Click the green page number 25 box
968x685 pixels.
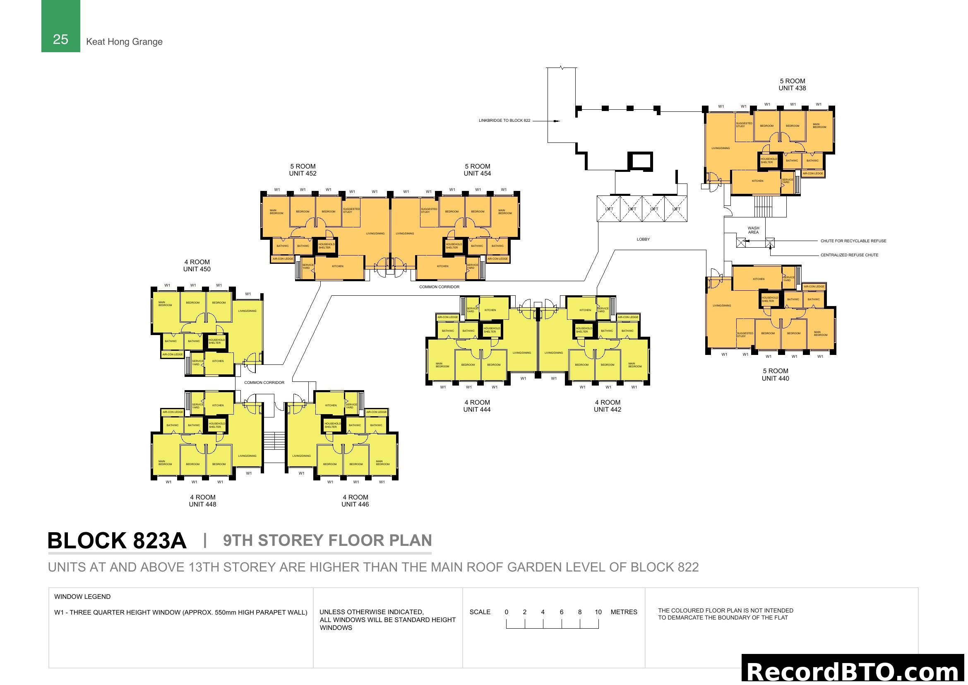click(x=60, y=26)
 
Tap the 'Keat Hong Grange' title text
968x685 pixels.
click(x=124, y=42)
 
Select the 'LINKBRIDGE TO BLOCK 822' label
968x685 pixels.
click(x=504, y=121)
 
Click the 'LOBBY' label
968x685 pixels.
click(x=643, y=239)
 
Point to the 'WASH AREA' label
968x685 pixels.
click(x=753, y=230)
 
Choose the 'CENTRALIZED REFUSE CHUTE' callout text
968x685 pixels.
click(x=849, y=255)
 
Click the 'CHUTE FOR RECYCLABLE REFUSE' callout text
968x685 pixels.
click(x=853, y=241)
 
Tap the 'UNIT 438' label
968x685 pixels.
click(x=792, y=89)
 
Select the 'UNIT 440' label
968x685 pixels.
click(x=775, y=379)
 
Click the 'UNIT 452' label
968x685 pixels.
click(x=302, y=174)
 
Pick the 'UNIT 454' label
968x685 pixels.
click(x=477, y=174)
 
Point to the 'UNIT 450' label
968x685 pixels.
click(x=197, y=270)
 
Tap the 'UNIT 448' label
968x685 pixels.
click(x=202, y=504)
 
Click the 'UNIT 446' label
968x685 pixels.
click(x=355, y=504)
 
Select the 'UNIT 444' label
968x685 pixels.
click(x=476, y=410)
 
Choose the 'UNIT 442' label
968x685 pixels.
click(x=607, y=410)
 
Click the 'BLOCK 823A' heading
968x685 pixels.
click(x=117, y=541)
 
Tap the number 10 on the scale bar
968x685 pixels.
click(x=598, y=612)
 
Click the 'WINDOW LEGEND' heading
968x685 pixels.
click(x=82, y=597)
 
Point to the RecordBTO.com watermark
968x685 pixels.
click(x=853, y=671)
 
